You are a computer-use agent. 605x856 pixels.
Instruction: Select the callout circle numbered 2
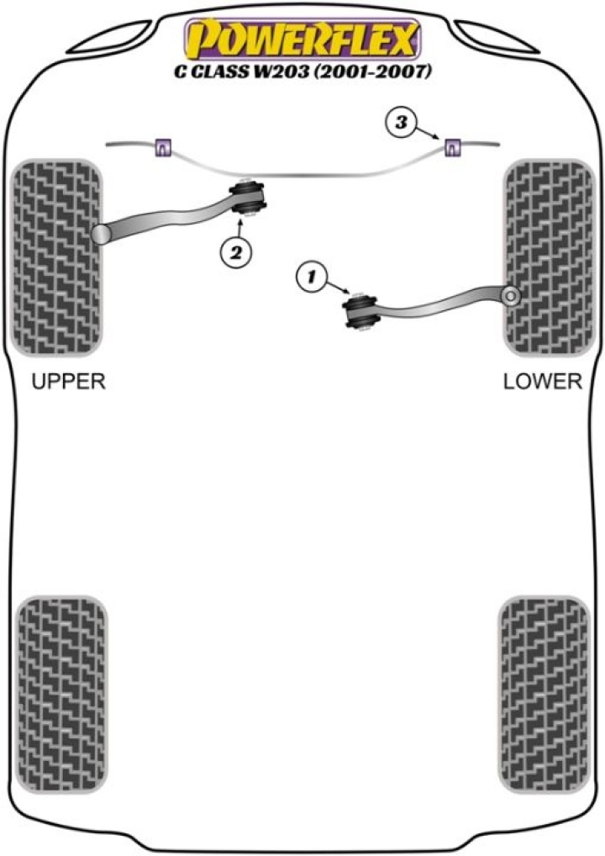236,250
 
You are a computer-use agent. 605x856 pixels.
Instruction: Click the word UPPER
68,382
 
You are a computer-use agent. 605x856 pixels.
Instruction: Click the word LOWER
542,382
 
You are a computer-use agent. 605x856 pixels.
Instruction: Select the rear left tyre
63,695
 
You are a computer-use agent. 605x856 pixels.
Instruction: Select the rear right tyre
542,695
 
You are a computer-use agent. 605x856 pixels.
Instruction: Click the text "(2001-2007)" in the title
378,73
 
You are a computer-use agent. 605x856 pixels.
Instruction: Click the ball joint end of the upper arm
102,234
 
